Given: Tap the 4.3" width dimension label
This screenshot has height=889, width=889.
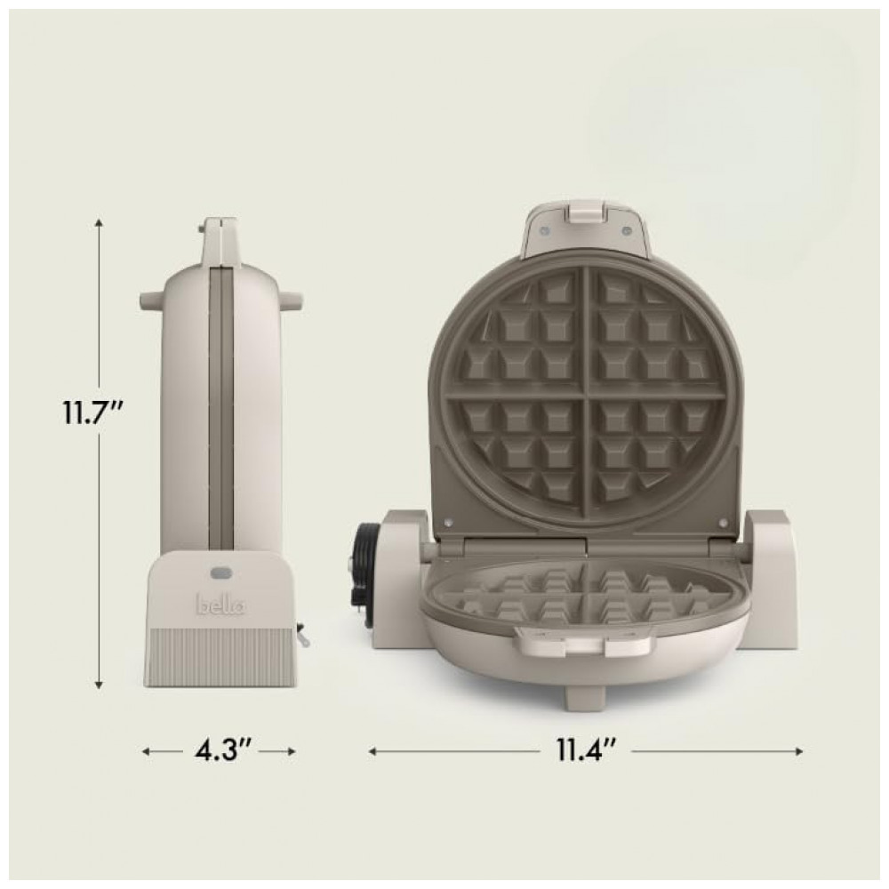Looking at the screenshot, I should [219, 751].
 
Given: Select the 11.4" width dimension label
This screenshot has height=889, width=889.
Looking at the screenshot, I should [587, 751].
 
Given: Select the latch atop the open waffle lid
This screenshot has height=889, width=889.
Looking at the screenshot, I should [585, 212].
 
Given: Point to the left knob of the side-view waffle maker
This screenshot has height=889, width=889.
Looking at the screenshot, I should [148, 300].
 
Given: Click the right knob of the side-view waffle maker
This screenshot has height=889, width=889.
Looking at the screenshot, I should [293, 300].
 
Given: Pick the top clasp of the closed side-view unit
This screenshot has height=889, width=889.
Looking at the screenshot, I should [220, 240].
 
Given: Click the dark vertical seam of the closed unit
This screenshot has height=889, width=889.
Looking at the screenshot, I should [221, 409].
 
